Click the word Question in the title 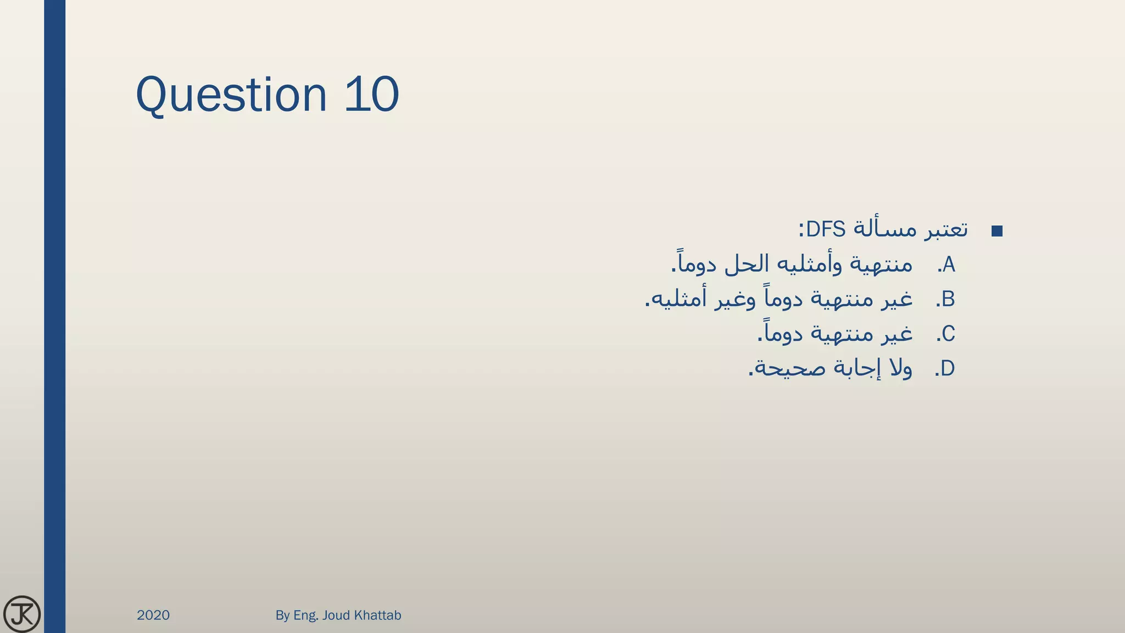231,95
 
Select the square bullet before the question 997,231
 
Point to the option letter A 949,265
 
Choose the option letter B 948,299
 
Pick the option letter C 949,334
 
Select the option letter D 948,369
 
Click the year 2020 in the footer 153,615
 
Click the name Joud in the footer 336,615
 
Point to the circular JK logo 22,614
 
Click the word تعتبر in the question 945,229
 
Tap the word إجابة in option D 854,368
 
